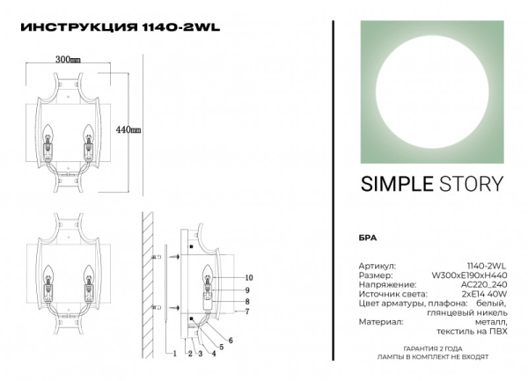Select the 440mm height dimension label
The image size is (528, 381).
point(128,129)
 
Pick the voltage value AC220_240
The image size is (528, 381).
point(486,284)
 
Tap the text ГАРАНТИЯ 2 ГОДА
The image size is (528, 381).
point(434,349)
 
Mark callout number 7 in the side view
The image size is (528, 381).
point(248,311)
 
